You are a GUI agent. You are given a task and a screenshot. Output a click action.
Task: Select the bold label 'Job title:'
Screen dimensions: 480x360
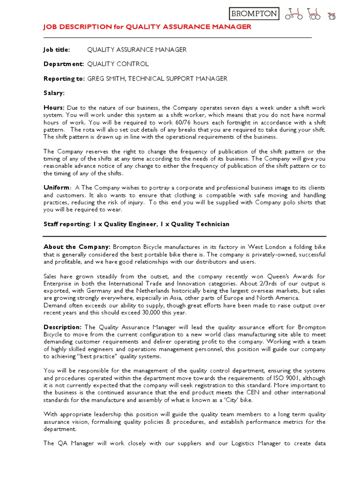tap(57, 50)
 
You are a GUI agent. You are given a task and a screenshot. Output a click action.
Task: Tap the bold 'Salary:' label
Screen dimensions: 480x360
tap(54, 93)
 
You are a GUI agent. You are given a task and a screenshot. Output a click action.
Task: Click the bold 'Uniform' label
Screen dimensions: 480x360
tap(56, 188)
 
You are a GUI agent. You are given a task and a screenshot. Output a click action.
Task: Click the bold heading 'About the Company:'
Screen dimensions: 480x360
tap(77, 247)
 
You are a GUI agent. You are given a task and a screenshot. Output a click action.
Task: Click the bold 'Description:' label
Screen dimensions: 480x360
tap(63, 327)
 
